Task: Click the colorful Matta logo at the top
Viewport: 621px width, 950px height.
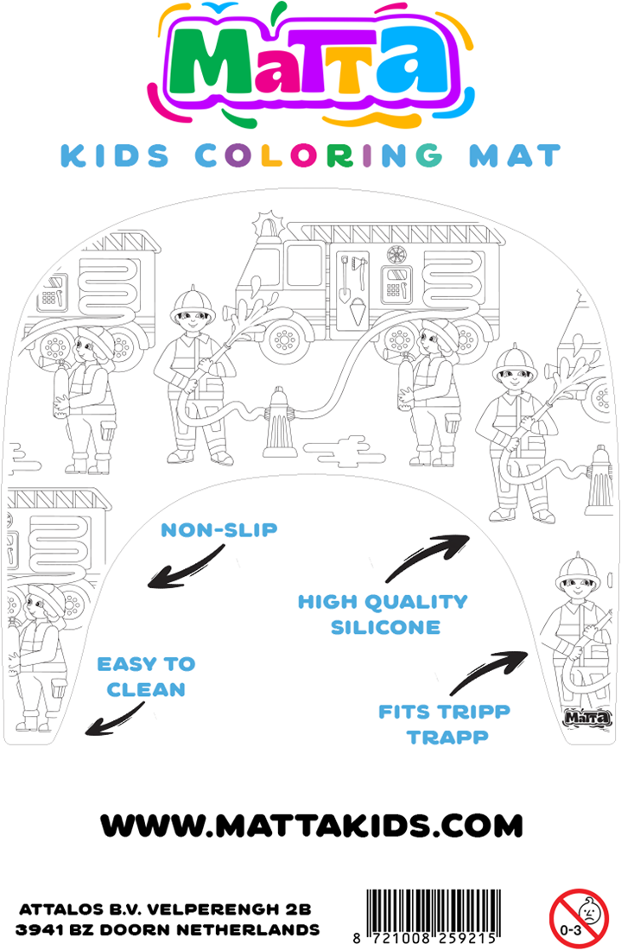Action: pyautogui.click(x=311, y=63)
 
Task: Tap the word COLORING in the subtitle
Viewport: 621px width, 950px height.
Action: pyautogui.click(x=319, y=155)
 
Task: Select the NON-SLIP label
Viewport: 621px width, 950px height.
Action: pyautogui.click(x=219, y=530)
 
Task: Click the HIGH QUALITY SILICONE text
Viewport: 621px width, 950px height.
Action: pyautogui.click(x=383, y=614)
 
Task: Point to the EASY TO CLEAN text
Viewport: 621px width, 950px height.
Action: pyautogui.click(x=147, y=677)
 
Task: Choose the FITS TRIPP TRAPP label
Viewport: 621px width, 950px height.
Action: pyautogui.click(x=445, y=724)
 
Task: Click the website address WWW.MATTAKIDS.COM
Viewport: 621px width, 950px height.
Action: pyautogui.click(x=312, y=826)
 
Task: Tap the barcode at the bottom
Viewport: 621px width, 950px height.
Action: pyautogui.click(x=431, y=916)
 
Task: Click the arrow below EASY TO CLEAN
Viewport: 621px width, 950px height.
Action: pyautogui.click(x=115, y=719)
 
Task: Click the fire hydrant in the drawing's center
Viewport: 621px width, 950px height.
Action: pyautogui.click(x=279, y=423)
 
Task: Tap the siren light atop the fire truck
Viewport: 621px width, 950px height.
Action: pyautogui.click(x=268, y=225)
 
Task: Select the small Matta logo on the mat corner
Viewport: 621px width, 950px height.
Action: pyautogui.click(x=587, y=718)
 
